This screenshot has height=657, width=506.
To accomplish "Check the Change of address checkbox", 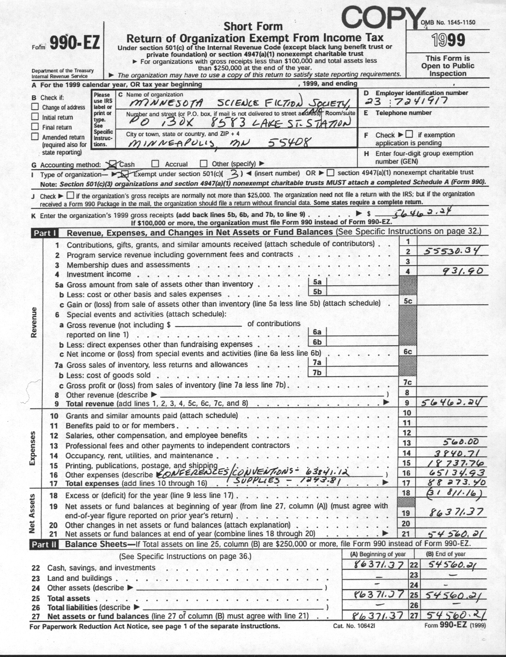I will point(35,107).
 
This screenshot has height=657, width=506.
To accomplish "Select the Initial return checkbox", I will point(35,117).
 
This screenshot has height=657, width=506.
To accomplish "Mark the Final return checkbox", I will point(35,127).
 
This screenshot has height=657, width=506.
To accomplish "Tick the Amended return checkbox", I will point(35,137).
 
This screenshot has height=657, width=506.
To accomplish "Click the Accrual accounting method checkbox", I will point(155,164).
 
